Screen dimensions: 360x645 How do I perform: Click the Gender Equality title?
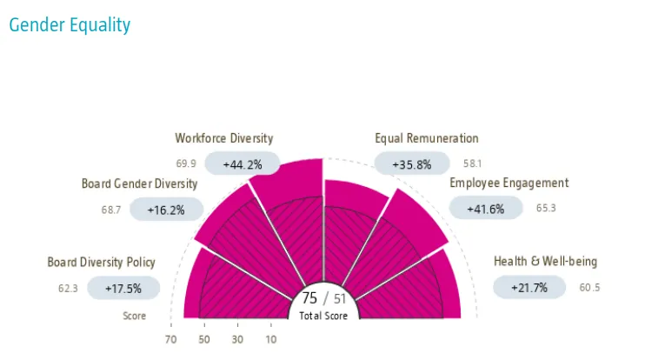click(x=70, y=24)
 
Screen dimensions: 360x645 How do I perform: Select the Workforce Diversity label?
click(x=223, y=138)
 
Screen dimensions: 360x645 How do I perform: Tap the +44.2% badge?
click(x=243, y=163)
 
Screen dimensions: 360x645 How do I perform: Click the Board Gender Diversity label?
click(x=139, y=183)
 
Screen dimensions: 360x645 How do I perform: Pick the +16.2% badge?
click(x=166, y=210)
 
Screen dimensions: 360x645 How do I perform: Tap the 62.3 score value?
click(x=69, y=288)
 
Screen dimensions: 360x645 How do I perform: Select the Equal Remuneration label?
click(x=427, y=138)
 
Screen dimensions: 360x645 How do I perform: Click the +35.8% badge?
click(x=412, y=163)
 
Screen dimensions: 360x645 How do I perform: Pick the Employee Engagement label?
click(x=509, y=183)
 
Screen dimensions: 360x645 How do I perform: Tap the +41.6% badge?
click(x=486, y=209)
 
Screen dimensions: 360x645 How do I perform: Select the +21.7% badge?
click(x=529, y=288)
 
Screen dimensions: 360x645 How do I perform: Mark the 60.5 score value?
click(x=589, y=288)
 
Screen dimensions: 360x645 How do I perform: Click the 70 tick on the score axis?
click(x=170, y=339)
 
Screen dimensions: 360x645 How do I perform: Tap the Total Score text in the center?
click(x=323, y=316)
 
